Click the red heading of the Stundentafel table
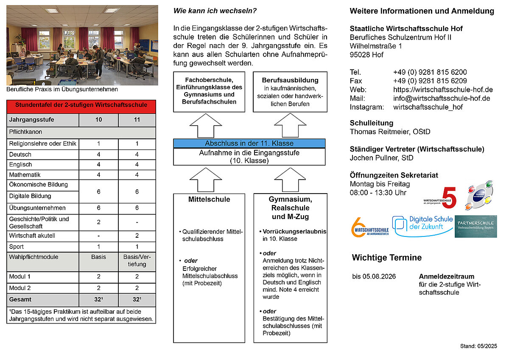(81, 105)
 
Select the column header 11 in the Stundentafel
(137, 120)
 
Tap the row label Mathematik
(25, 174)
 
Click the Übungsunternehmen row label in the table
(37, 208)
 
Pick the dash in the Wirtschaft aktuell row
(98, 236)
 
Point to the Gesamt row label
(20, 299)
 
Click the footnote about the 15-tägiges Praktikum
(81, 315)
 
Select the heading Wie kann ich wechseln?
(215, 11)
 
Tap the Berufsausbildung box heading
(290, 80)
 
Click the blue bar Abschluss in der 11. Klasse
(249, 143)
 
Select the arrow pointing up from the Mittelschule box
(209, 179)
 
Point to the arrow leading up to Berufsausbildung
(290, 125)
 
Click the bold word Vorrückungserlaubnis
(294, 232)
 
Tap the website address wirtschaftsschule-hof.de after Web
(443, 90)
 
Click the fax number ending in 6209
(430, 81)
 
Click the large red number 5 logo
(449, 197)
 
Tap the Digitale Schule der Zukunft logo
(422, 226)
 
